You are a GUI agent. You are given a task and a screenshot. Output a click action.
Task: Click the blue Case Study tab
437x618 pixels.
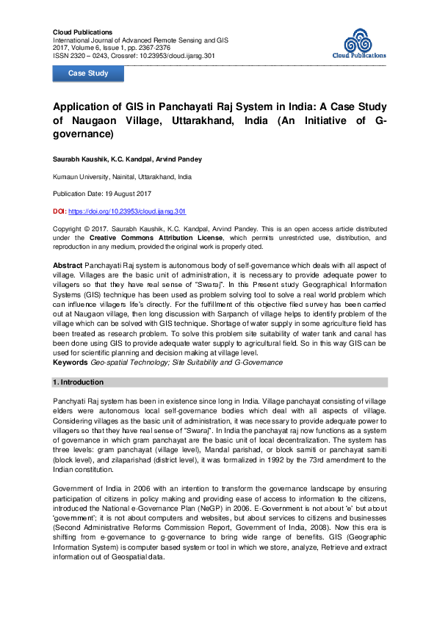pyautogui.click(x=88, y=73)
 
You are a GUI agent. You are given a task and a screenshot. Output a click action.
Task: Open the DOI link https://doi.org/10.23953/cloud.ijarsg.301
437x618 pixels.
pyautogui.click(x=127, y=211)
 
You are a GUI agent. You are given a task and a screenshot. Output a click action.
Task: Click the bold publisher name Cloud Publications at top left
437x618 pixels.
pyautogui.click(x=83, y=32)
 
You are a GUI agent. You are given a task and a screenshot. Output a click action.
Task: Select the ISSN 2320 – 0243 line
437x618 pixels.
pyautogui.click(x=81, y=55)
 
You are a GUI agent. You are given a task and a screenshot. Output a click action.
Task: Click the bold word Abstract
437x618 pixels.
pyautogui.click(x=68, y=263)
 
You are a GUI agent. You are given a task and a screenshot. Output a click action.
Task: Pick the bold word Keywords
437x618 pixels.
pyautogui.click(x=71, y=362)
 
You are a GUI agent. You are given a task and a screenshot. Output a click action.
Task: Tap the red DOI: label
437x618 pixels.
pyautogui.click(x=59, y=211)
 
